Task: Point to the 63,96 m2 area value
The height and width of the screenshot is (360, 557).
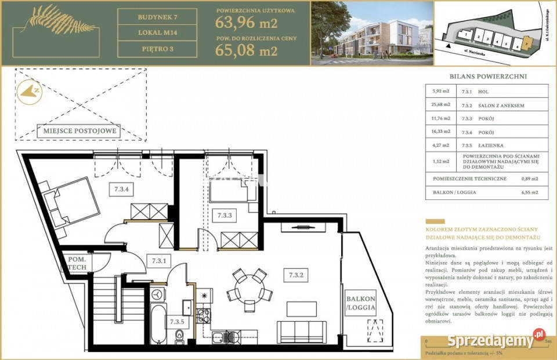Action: pos(246,24)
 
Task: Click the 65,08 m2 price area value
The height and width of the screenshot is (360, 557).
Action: pos(246,50)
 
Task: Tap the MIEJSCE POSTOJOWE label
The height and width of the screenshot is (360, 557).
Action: pos(79,130)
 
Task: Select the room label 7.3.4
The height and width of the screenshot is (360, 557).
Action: pos(121,188)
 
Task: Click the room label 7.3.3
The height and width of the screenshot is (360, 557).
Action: pos(225,215)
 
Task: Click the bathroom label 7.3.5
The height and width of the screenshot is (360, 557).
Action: pos(178,321)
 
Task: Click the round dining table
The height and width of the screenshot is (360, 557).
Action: pos(248,285)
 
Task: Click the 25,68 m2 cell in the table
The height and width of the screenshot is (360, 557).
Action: pos(440,105)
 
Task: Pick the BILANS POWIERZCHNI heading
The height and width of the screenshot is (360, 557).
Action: pos(487,76)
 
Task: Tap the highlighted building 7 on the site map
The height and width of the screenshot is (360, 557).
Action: pos(526,42)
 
